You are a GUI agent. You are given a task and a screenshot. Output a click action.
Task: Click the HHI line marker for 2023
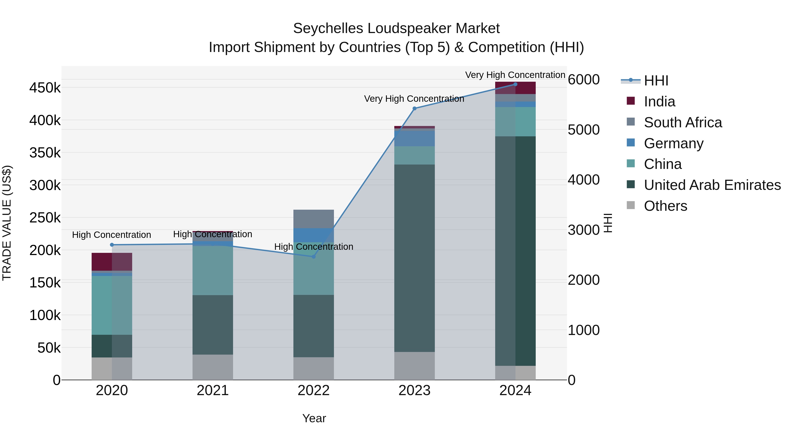click(x=414, y=108)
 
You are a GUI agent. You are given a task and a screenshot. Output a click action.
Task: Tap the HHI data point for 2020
click(x=112, y=245)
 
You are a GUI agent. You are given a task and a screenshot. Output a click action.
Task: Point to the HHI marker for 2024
click(x=515, y=84)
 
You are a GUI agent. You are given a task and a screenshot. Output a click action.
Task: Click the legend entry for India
click(x=659, y=102)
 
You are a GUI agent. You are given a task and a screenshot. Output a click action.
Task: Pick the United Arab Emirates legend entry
click(x=712, y=185)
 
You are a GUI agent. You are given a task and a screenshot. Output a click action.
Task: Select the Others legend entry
click(x=665, y=206)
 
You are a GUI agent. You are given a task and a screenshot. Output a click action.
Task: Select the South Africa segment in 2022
click(x=314, y=219)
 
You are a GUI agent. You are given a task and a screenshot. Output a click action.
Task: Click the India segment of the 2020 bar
click(x=112, y=262)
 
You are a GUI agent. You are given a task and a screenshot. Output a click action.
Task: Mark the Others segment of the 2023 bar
click(x=414, y=366)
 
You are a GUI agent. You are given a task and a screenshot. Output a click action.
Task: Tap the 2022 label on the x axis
click(x=314, y=390)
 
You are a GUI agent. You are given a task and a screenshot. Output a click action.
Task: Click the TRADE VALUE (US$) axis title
click(x=7, y=223)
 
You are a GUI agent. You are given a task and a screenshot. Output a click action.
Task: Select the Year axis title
click(x=314, y=418)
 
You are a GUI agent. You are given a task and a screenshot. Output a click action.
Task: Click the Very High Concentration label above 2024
click(x=515, y=75)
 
